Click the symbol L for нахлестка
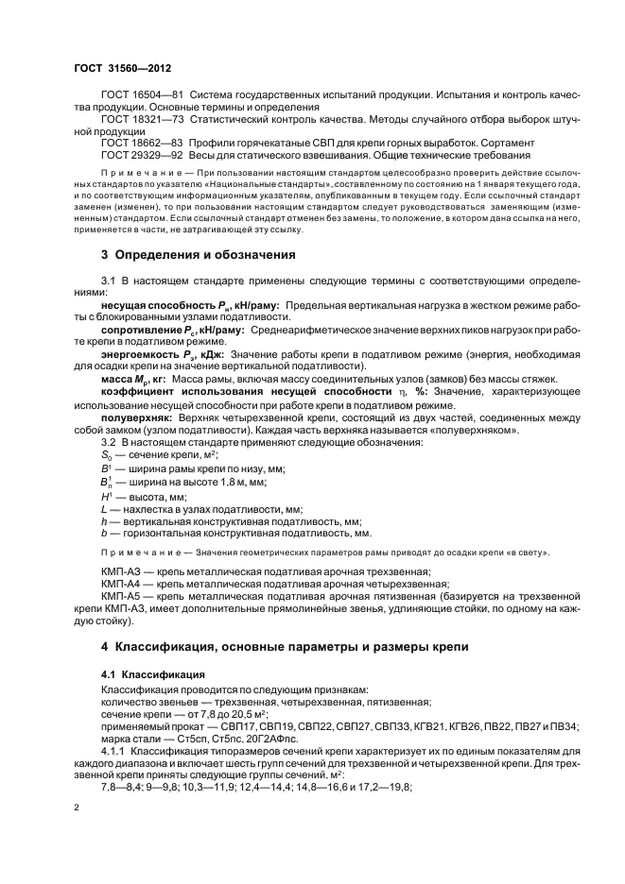pos(104,508)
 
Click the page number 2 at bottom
pos(78,808)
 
